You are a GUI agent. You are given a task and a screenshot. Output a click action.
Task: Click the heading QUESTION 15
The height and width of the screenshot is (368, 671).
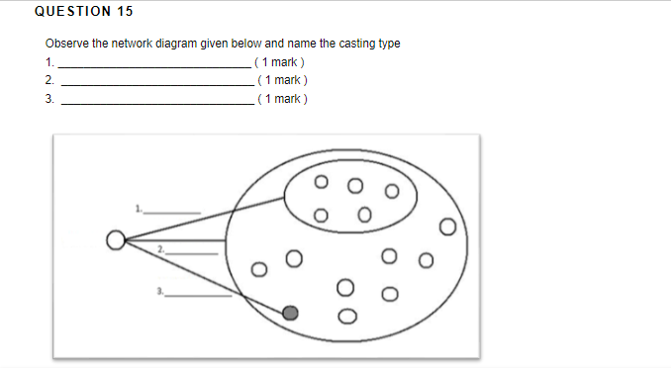(83, 12)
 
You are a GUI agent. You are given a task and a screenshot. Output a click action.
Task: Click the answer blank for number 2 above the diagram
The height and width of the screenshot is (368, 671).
(155, 81)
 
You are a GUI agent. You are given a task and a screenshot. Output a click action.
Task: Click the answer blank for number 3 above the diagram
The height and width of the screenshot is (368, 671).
(155, 100)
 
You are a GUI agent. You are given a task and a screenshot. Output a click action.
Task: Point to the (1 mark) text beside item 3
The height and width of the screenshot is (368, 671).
(282, 99)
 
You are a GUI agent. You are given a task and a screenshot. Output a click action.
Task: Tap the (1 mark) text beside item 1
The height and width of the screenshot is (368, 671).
(282, 62)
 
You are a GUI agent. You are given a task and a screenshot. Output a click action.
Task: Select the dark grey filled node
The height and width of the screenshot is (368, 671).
(290, 313)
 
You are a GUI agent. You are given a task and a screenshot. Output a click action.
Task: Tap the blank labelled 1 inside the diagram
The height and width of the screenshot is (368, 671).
(178, 212)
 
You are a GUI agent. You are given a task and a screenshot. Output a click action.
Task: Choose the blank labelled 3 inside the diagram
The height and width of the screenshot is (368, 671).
(198, 295)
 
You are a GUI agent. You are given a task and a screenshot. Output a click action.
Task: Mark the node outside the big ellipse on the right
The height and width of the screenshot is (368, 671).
(447, 230)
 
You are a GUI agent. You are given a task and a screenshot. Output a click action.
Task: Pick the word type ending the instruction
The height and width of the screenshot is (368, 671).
(389, 45)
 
